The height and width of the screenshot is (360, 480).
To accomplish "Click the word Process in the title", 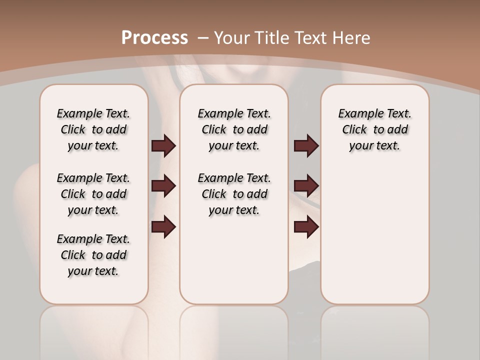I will pyautogui.click(x=154, y=38).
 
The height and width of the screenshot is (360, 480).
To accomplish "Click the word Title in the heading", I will pyautogui.click(x=273, y=38).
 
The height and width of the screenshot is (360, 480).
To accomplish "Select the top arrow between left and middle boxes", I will pyautogui.click(x=163, y=146).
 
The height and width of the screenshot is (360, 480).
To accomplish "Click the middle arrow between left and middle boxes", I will pyautogui.click(x=163, y=186).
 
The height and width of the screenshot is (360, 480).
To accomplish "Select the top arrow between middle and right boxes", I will pyautogui.click(x=306, y=146).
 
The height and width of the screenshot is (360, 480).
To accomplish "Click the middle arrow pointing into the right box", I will pyautogui.click(x=306, y=186).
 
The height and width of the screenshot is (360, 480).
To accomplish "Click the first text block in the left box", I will pyautogui.click(x=93, y=129).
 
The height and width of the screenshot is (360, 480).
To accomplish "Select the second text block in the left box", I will pyautogui.click(x=93, y=194).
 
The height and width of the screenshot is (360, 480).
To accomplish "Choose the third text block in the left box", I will pyautogui.click(x=93, y=255).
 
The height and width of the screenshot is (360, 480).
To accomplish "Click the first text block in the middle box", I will pyautogui.click(x=234, y=129).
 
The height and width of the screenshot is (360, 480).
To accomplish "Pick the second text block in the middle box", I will pyautogui.click(x=234, y=194).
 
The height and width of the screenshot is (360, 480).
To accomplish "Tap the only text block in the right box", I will pyautogui.click(x=374, y=129).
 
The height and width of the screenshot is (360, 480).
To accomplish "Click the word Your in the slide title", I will pyautogui.click(x=232, y=38).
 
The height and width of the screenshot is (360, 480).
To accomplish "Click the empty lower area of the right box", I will pyautogui.click(x=374, y=240).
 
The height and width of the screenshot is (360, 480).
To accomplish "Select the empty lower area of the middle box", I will pyautogui.click(x=234, y=260).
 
